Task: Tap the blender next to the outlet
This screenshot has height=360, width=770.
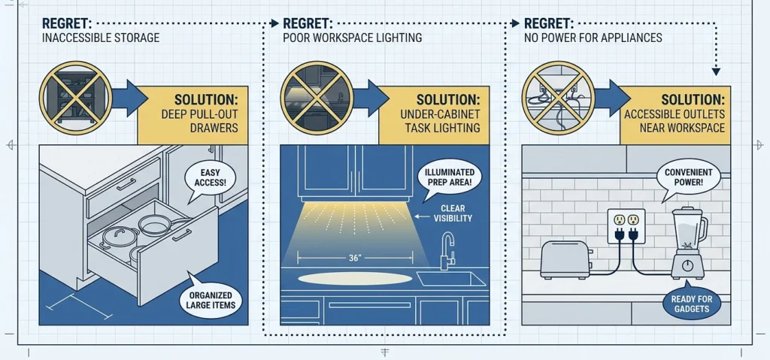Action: coord(689,243)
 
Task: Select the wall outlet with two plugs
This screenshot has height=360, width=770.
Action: coord(626,226)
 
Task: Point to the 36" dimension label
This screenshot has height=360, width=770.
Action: coord(355,259)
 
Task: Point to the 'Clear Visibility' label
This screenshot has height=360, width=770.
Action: coord(452,213)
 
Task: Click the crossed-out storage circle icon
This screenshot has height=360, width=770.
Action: coord(76,98)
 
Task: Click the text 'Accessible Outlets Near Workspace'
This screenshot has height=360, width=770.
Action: coord(675,121)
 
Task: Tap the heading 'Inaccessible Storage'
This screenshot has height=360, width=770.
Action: coord(101,38)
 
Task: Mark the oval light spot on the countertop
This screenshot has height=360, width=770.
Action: coord(355,279)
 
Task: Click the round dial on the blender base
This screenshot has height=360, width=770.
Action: coord(688,265)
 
